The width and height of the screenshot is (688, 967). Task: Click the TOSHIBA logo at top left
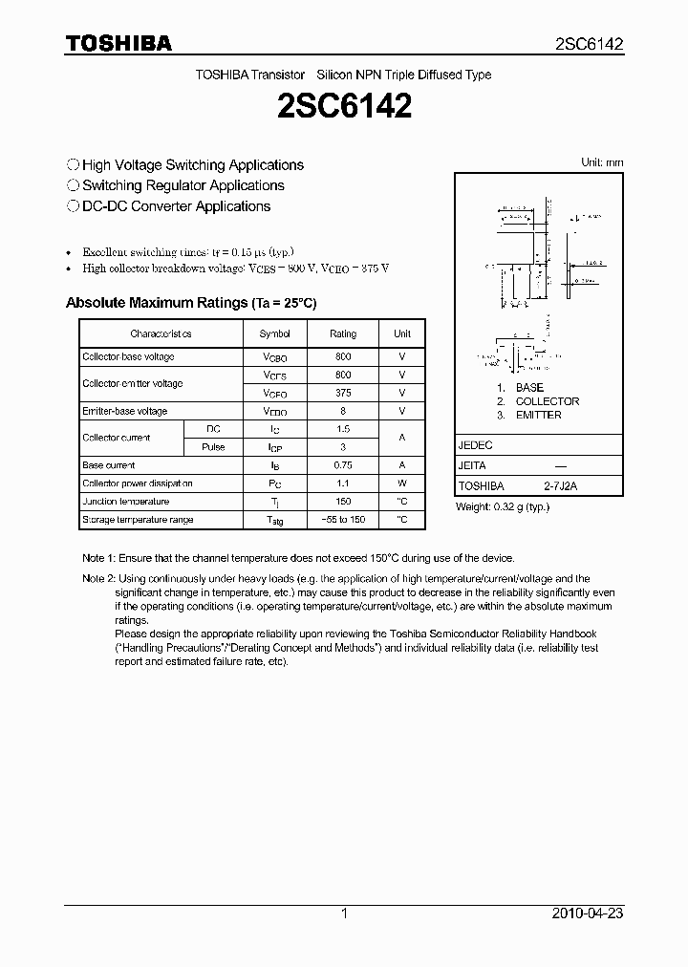pos(118,43)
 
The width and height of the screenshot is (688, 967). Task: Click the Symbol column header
pos(275,333)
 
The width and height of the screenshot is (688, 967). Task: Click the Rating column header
pos(343,333)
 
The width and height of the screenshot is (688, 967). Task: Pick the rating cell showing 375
pos(343,393)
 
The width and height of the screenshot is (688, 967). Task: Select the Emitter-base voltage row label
pos(125,411)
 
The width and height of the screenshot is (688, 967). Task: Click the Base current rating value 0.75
pos(343,465)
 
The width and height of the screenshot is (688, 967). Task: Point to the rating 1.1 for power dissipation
pos(343,483)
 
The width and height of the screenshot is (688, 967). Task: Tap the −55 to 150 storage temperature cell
pos(343,520)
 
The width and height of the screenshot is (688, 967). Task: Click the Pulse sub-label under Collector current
pos(213,447)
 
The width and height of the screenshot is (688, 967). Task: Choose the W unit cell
pos(402,483)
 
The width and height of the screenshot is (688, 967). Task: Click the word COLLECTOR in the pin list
pos(547,401)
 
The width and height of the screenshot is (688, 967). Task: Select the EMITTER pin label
pos(538,415)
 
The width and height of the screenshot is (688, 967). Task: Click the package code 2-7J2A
pos(561,486)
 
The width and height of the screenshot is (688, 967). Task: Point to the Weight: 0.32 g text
pos(503,507)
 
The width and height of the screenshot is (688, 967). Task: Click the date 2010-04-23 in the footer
pos(588,913)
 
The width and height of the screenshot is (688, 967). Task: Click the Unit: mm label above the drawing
pos(602,162)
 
